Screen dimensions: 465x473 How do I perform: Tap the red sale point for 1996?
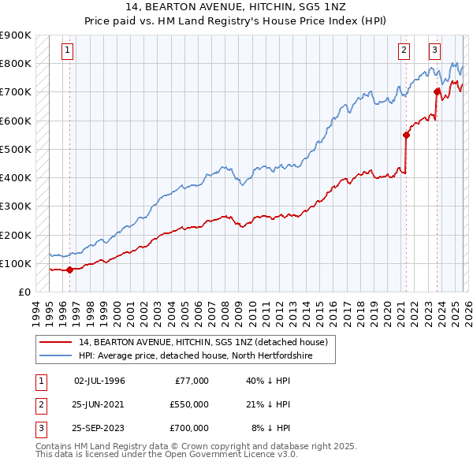coord(69,270)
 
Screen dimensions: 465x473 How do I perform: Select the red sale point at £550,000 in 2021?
coord(406,135)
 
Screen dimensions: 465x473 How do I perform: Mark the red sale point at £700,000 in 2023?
coord(437,91)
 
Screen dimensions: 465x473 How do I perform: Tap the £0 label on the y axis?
coord(24,292)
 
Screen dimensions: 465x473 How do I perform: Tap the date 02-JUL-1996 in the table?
coord(99,381)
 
